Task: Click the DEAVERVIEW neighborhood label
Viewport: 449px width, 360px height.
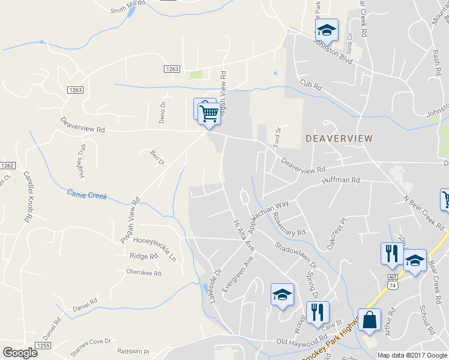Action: pyautogui.click(x=339, y=139)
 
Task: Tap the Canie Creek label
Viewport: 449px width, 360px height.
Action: pyautogui.click(x=86, y=194)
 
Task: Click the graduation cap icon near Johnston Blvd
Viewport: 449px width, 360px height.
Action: pyautogui.click(x=327, y=29)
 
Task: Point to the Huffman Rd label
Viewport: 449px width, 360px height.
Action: pyautogui.click(x=340, y=180)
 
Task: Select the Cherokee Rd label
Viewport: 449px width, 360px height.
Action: pyautogui.click(x=143, y=272)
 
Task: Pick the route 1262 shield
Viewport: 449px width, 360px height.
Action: pyautogui.click(x=7, y=166)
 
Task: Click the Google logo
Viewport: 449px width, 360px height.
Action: pyautogui.click(x=20, y=353)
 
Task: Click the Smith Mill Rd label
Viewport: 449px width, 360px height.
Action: pyautogui.click(x=128, y=7)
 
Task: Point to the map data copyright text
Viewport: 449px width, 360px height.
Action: pyautogui.click(x=412, y=355)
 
